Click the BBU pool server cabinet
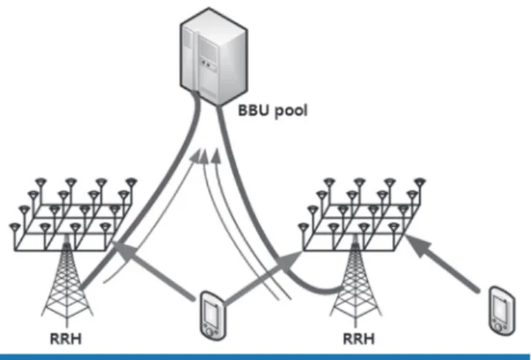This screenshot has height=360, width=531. [213, 56]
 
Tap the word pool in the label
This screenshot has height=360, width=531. [291, 111]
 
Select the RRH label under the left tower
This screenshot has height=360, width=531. [66, 338]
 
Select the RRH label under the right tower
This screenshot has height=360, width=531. [359, 338]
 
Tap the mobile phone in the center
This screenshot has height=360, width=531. [213, 315]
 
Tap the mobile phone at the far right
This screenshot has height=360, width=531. [502, 311]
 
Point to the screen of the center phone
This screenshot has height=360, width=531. [212, 311]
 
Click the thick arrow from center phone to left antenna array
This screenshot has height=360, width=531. [153, 270]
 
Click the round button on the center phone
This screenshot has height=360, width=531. [209, 332]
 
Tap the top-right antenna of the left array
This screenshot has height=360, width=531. [131, 183]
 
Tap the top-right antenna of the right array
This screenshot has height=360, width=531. [420, 183]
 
